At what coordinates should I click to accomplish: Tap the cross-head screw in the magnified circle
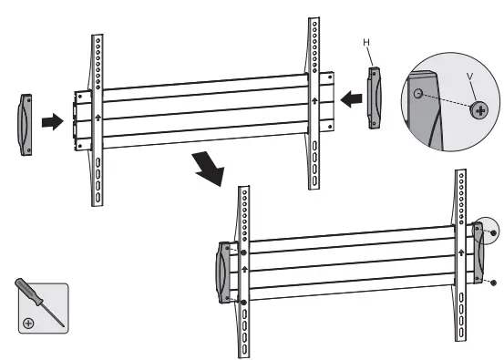pos(478,109)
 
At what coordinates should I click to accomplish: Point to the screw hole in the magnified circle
pos(416,93)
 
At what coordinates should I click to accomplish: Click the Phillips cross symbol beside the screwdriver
pos(29,323)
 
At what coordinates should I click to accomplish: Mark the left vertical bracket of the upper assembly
pos(96,118)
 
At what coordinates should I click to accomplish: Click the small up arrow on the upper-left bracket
pos(96,118)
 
